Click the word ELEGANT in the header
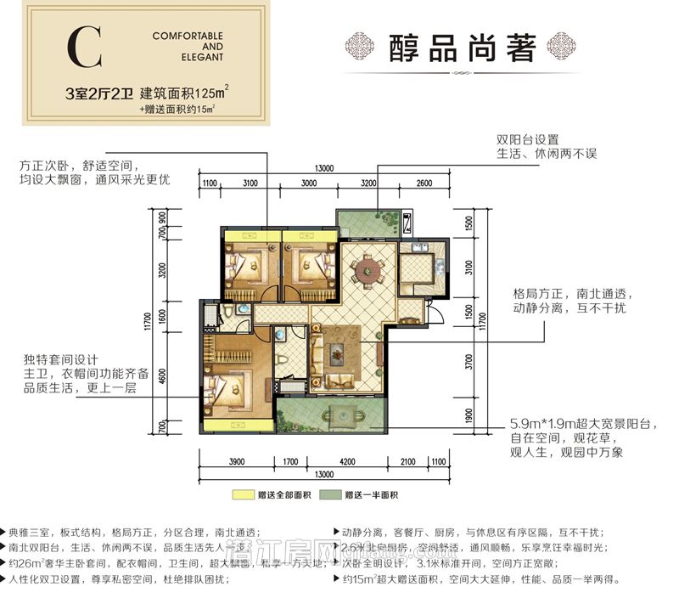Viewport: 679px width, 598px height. (x=201, y=58)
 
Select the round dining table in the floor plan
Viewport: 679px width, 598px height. (x=369, y=273)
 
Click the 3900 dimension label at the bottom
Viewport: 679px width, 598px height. (x=236, y=462)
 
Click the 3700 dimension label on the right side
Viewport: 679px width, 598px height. (x=469, y=363)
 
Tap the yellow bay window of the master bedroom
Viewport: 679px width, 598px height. (x=237, y=427)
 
